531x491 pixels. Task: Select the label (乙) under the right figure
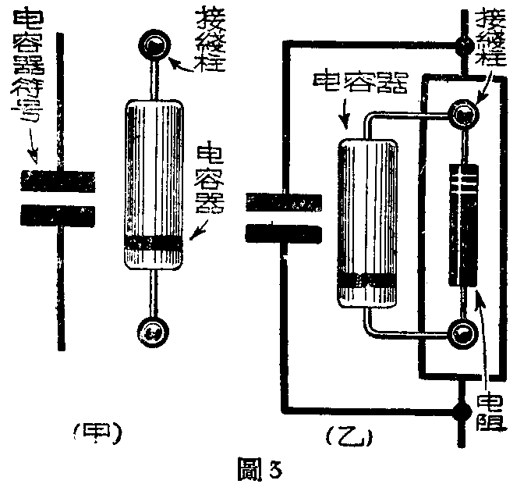[349, 435]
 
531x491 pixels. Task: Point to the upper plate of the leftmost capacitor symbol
[58, 182]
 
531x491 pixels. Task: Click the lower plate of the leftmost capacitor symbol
[58, 214]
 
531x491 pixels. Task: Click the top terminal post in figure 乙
[466, 115]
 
